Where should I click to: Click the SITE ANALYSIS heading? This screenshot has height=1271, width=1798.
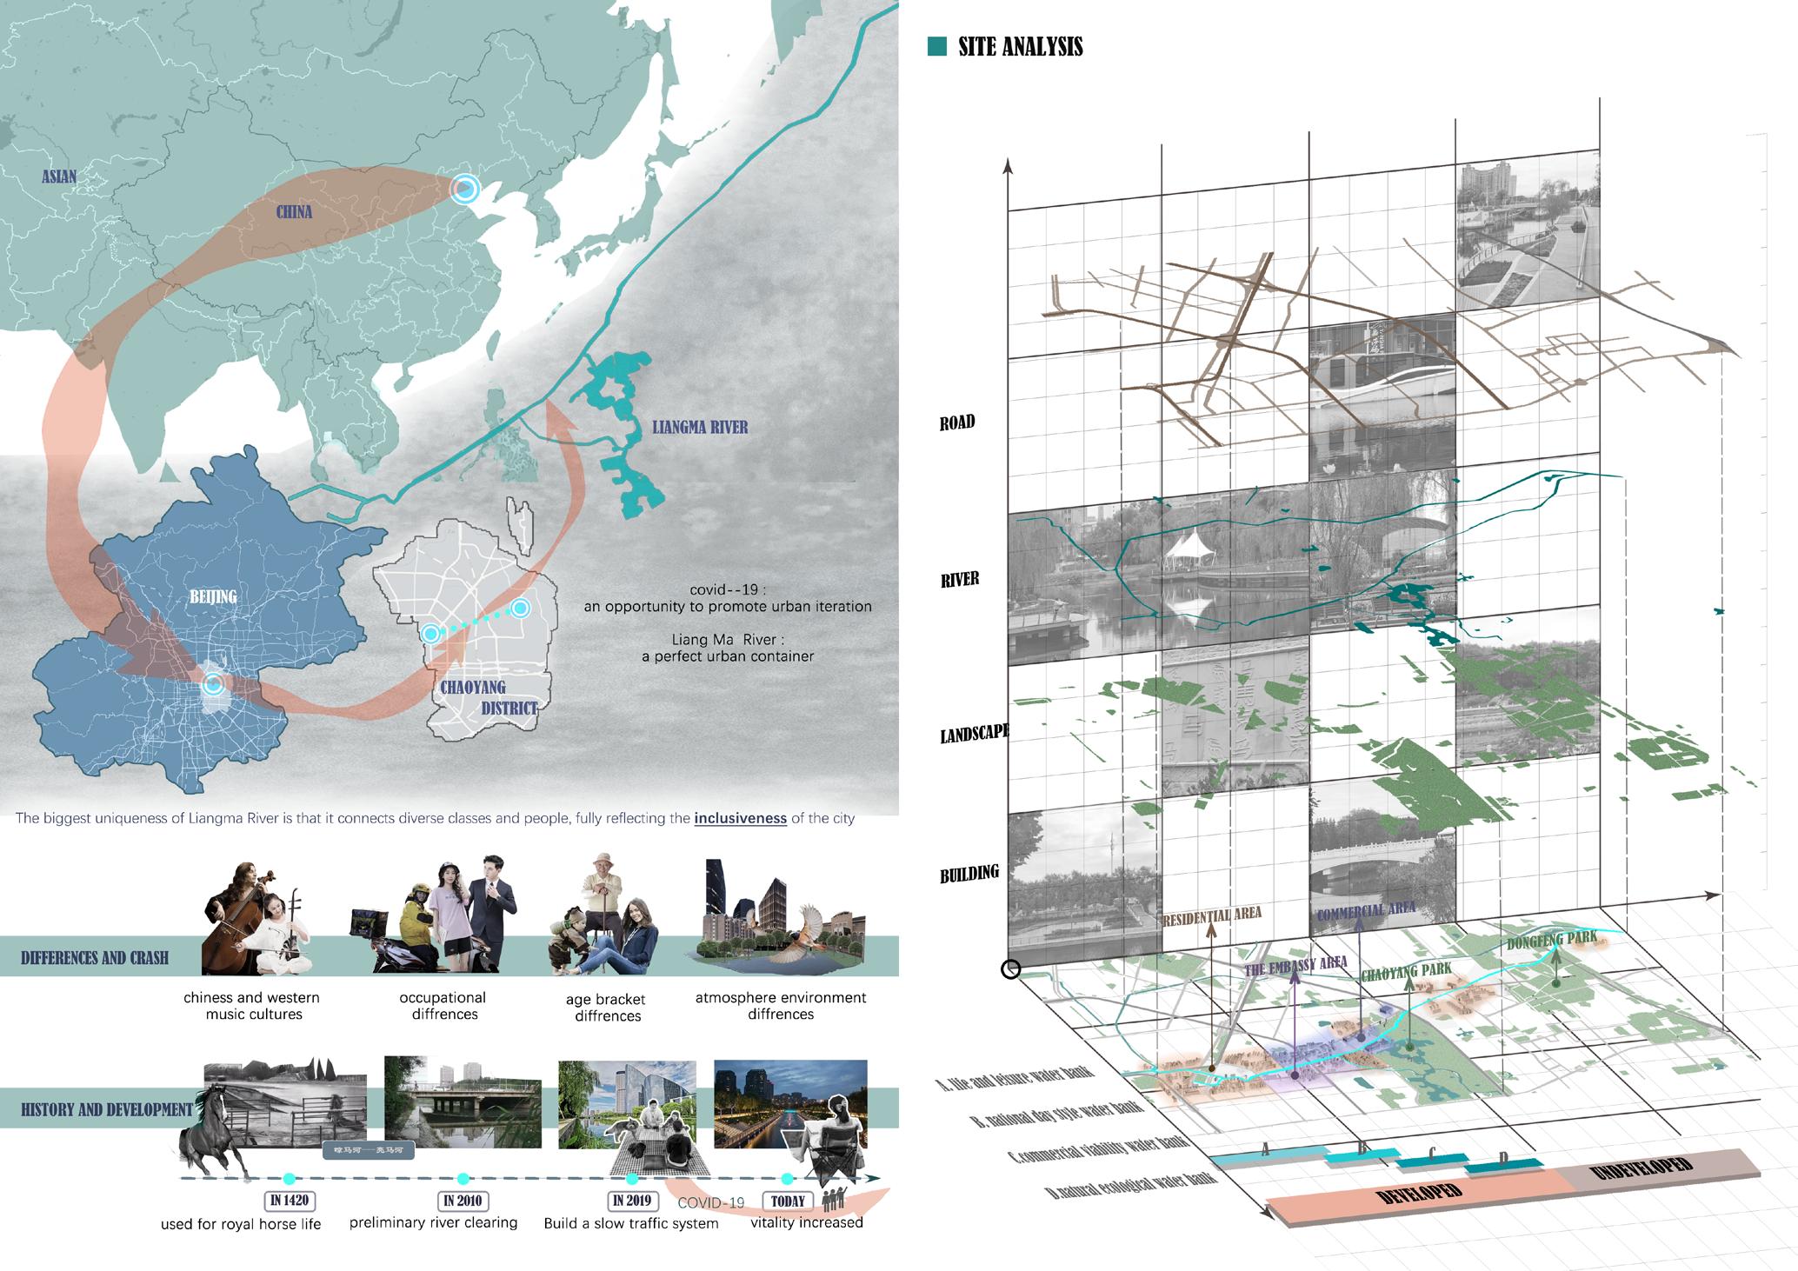[1020, 47]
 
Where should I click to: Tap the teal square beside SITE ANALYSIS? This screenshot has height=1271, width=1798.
[936, 46]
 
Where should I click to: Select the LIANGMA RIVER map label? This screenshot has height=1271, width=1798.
[700, 427]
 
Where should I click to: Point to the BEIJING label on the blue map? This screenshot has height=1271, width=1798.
[213, 596]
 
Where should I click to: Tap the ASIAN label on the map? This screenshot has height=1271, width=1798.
[59, 176]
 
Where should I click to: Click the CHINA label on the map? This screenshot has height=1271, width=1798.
[294, 212]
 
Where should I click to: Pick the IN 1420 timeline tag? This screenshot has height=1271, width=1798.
[289, 1201]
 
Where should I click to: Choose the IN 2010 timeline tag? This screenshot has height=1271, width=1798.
[463, 1201]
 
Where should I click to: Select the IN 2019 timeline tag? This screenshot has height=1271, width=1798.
[630, 1201]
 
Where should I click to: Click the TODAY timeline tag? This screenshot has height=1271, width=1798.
[788, 1201]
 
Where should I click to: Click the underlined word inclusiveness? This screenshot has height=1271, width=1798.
[740, 818]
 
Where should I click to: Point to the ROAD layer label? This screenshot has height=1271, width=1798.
[957, 423]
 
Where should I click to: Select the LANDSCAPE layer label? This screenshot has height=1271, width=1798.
[974, 734]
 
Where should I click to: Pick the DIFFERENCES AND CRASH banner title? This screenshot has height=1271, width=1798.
[95, 958]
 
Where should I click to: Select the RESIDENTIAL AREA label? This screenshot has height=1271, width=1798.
[1211, 915]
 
